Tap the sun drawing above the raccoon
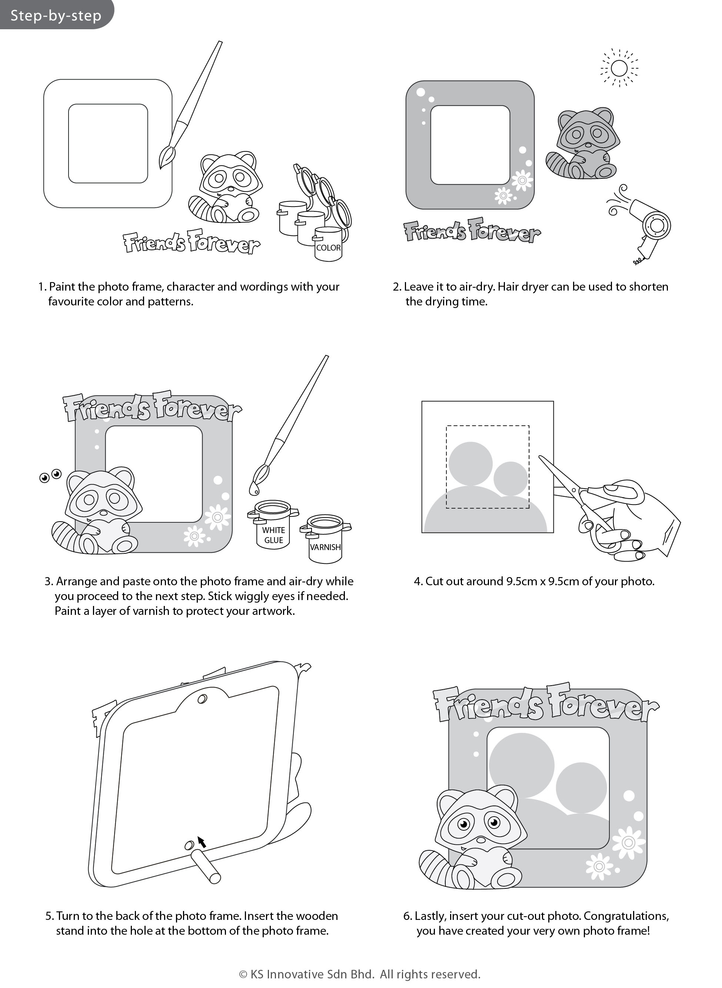click(x=619, y=68)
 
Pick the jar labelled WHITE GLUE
click(x=273, y=524)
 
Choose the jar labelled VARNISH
click(x=326, y=539)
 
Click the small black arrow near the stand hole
click(x=202, y=842)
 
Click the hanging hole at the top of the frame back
click(x=202, y=699)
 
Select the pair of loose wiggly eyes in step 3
click(x=50, y=476)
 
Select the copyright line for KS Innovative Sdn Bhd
click(x=360, y=974)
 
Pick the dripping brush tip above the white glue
click(x=253, y=488)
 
